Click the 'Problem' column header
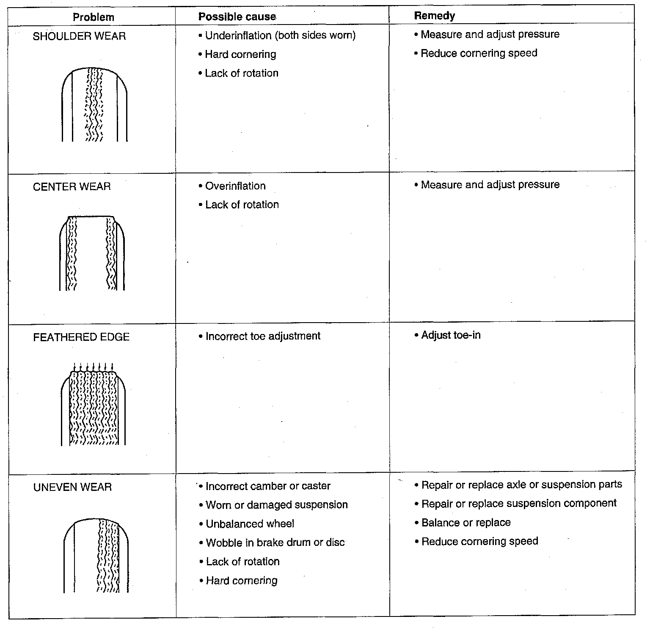[94, 17]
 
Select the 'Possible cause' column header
[237, 17]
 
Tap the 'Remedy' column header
[435, 16]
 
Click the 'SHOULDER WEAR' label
[79, 36]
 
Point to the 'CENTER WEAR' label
[72, 186]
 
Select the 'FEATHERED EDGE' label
[81, 337]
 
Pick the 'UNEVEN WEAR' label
[72, 487]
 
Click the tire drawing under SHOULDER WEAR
[94, 104]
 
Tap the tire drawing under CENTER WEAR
[92, 253]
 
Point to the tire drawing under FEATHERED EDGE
[93, 404]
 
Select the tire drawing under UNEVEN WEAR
[96, 555]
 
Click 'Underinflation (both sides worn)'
[280, 36]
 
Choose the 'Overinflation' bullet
[235, 186]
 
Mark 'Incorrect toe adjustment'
[263, 336]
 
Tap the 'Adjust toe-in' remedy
[451, 335]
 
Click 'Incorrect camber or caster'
[268, 486]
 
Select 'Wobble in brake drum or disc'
[275, 542]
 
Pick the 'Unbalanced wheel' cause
[250, 524]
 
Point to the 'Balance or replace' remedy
[466, 523]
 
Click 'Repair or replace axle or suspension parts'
[521, 485]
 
